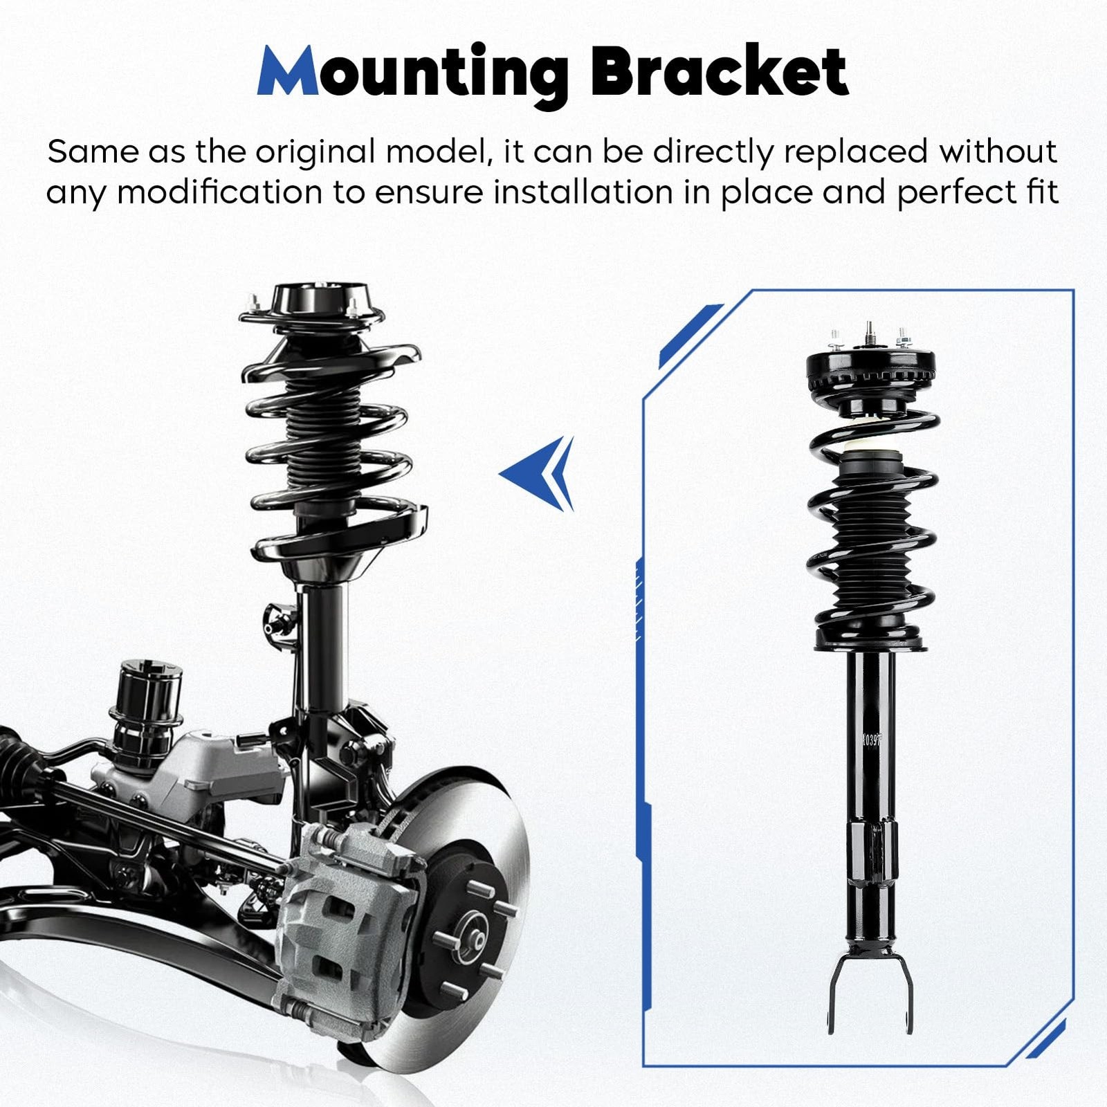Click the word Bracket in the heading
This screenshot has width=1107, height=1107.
[x=719, y=72]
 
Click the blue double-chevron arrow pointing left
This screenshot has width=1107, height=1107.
[x=540, y=474]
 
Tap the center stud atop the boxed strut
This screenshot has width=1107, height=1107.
[x=869, y=331]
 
